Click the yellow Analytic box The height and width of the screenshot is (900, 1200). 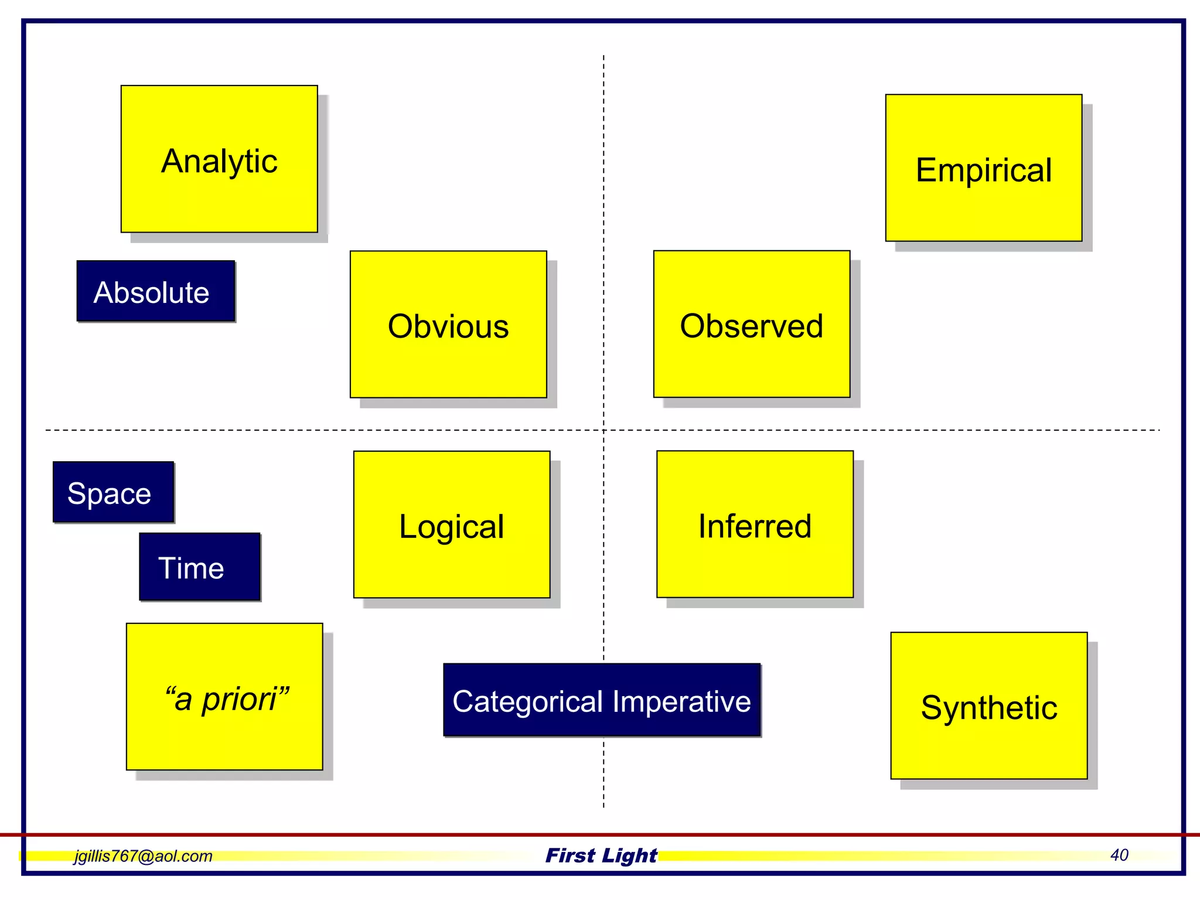coord(219,159)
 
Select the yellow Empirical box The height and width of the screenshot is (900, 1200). coord(983,168)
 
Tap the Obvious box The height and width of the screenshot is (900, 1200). coord(448,325)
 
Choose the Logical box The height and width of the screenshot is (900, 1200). coord(451,524)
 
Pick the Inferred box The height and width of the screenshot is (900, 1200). coord(755,524)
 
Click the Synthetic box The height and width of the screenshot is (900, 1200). coord(988,706)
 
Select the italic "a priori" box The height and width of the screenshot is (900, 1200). coord(224,697)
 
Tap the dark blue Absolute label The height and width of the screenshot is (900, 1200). coord(155,291)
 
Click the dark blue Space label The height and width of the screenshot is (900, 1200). coord(113,492)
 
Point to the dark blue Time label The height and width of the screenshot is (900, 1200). coord(199,567)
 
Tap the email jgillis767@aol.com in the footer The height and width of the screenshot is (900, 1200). coord(143,856)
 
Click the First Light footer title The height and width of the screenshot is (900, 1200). coord(601,855)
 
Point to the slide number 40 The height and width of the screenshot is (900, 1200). coord(1119,855)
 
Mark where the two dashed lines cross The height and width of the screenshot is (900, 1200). coord(604,430)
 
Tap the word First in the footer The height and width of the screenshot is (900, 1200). coord(570,855)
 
